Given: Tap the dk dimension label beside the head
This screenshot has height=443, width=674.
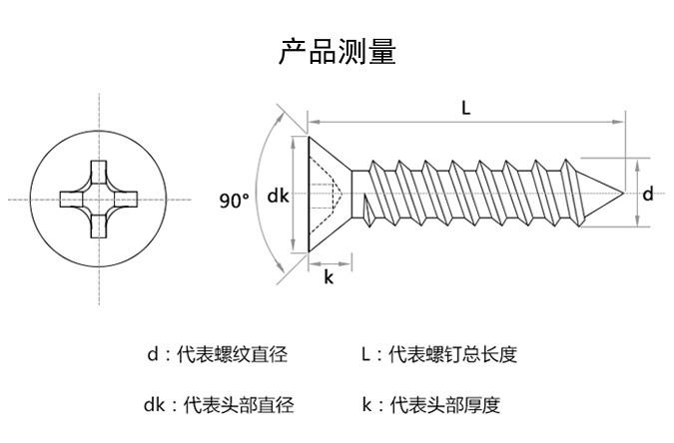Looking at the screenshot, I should click(278, 197).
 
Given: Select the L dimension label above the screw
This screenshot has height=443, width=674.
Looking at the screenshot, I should click(466, 110).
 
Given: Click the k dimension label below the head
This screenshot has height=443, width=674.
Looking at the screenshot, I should click(329, 278).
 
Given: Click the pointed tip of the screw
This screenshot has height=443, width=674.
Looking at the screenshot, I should click(623, 193).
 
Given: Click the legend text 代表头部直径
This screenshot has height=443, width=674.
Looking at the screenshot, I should click(240, 405).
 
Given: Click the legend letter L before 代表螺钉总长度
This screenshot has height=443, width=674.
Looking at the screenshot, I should click(366, 354).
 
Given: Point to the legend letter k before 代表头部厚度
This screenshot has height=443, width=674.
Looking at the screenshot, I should click(366, 405).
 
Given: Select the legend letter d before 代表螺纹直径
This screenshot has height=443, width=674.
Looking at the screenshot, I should click(153, 354).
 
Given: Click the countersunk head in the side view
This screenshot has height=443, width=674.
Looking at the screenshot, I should click(325, 195).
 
